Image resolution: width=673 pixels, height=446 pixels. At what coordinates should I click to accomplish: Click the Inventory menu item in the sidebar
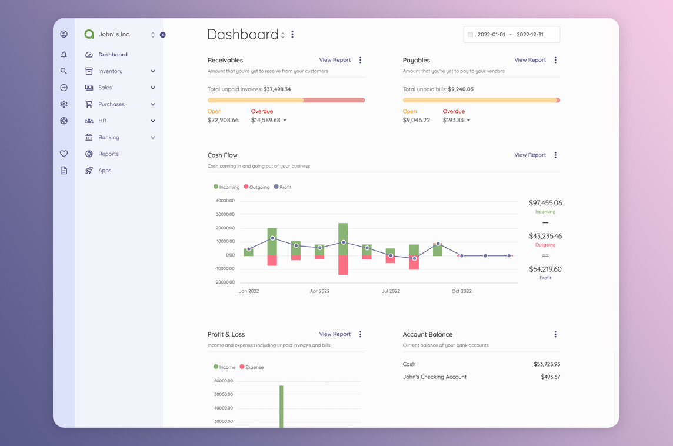click(111, 71)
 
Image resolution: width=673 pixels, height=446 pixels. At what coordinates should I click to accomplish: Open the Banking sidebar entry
click(109, 137)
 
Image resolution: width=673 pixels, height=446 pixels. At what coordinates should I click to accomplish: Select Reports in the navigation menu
click(108, 154)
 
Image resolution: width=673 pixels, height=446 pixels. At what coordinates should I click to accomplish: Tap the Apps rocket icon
click(89, 171)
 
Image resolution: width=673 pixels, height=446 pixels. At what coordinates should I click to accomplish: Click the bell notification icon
click(64, 55)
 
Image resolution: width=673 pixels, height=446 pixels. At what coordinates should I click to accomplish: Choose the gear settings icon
click(64, 104)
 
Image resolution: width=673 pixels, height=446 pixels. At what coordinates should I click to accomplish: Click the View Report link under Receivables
click(335, 60)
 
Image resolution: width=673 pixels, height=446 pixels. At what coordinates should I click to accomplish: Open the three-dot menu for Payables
click(555, 60)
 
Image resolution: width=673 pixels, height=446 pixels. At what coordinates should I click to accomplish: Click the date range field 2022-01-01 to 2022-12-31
click(511, 35)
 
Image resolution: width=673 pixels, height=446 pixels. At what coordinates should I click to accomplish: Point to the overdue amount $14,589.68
click(265, 120)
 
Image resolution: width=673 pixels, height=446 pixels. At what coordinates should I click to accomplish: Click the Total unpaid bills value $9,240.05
click(460, 89)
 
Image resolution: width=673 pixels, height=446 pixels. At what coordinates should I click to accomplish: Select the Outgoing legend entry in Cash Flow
click(256, 187)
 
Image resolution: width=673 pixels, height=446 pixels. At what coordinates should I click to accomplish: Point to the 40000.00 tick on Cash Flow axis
click(225, 201)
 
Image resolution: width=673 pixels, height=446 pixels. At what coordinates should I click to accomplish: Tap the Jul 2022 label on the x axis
click(391, 291)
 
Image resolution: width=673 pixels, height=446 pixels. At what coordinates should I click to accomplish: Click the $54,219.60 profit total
click(545, 269)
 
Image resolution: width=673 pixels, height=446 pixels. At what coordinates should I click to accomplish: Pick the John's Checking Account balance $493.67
click(550, 377)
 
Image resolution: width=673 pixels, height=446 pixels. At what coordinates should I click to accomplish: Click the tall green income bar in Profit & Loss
click(281, 406)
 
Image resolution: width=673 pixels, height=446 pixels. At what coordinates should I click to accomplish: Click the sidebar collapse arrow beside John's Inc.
click(162, 35)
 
